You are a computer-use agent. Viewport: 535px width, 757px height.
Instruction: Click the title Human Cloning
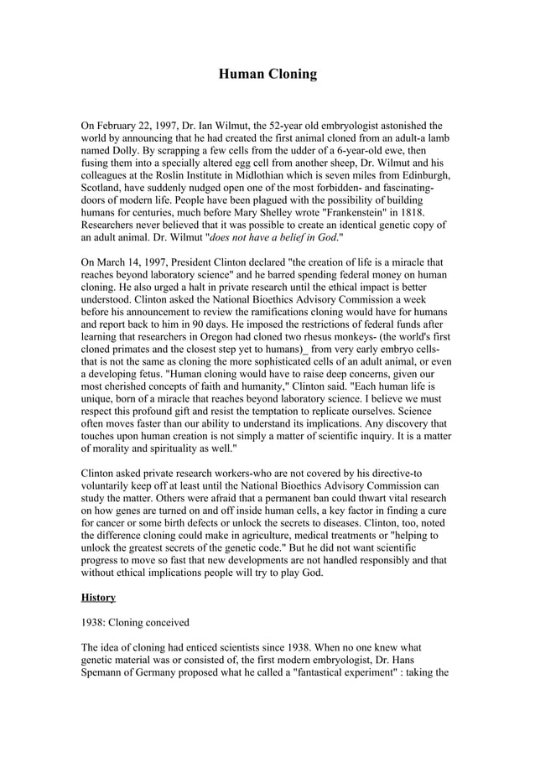[x=267, y=75]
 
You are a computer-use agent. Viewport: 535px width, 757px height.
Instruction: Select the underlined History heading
[x=98, y=597]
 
